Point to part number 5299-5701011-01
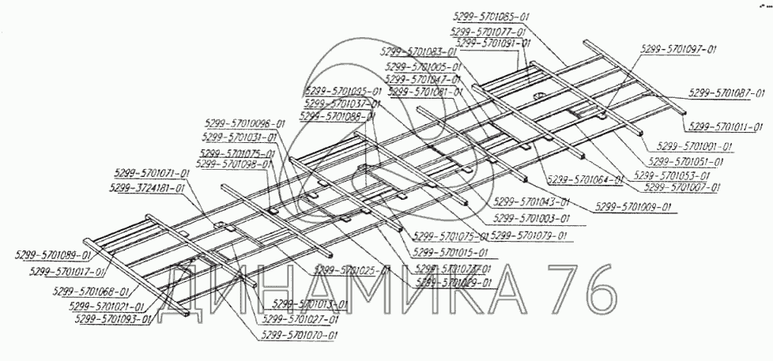726,126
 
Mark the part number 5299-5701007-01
683,187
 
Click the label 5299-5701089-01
53,254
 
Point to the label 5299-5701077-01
488,32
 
